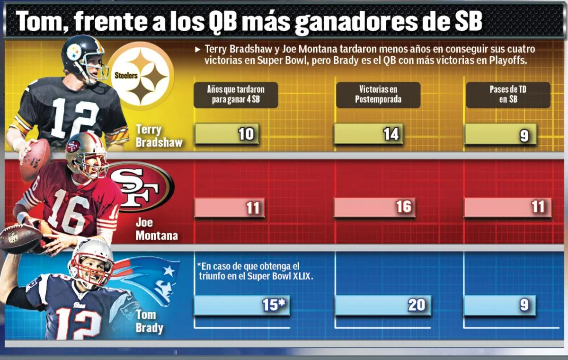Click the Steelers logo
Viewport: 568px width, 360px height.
coord(140,76)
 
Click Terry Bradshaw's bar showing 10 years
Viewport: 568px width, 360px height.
coord(227,134)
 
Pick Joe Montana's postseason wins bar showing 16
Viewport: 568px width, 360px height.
coord(374,207)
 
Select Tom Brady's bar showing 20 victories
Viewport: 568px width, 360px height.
coord(383,305)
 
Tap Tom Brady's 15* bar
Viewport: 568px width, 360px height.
coord(242,306)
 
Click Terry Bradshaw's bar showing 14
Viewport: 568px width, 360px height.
coord(368,134)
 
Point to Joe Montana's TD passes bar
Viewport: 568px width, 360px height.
coord(507,207)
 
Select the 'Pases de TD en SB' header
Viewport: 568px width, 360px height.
coord(508,95)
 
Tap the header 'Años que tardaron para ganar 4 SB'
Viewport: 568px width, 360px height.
coord(236,95)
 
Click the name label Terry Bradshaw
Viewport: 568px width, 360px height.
coord(159,136)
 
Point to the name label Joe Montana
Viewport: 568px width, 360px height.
coord(156,228)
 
